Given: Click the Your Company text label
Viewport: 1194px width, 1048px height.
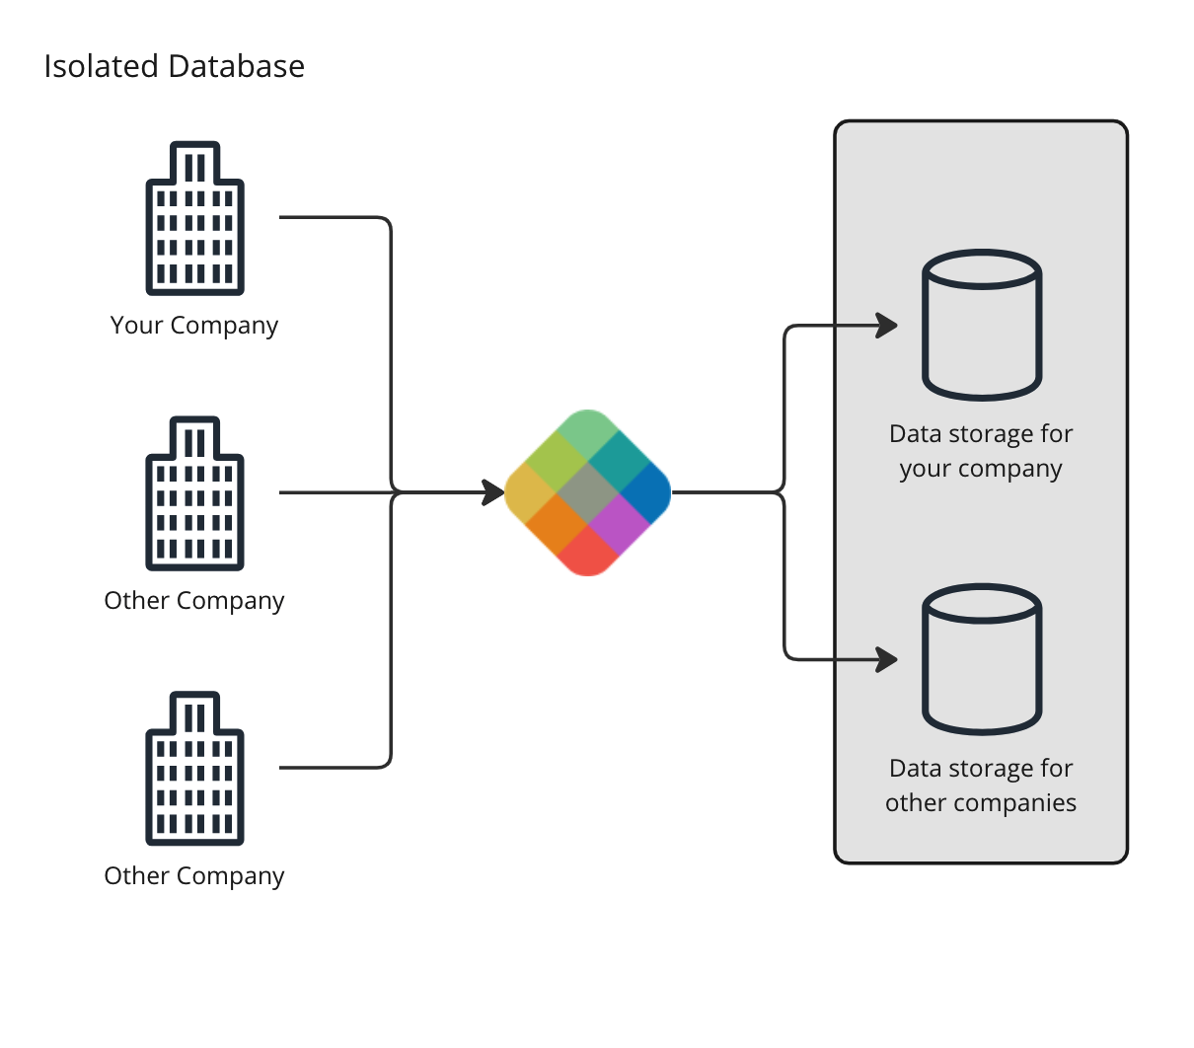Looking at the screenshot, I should tap(194, 325).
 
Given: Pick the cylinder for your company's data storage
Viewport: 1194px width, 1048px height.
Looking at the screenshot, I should tap(982, 325).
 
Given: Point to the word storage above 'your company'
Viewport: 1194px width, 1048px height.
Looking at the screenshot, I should tap(990, 434).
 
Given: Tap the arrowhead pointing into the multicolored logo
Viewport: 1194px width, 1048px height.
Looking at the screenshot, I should tap(493, 491).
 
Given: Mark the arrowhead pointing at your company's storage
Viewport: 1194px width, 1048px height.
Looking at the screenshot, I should tap(886, 325).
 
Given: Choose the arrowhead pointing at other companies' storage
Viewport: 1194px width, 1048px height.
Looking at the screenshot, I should tap(886, 658).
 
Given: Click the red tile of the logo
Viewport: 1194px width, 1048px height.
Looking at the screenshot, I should tap(588, 552).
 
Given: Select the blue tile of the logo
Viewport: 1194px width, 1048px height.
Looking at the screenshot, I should tap(647, 490).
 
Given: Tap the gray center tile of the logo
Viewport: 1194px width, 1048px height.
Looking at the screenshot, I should tap(588, 491).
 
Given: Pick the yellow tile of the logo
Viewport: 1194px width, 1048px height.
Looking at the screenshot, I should tap(529, 492).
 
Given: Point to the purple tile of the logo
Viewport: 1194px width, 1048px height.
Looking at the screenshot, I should tap(618, 521).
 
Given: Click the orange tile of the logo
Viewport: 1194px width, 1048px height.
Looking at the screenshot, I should tap(558, 522).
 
